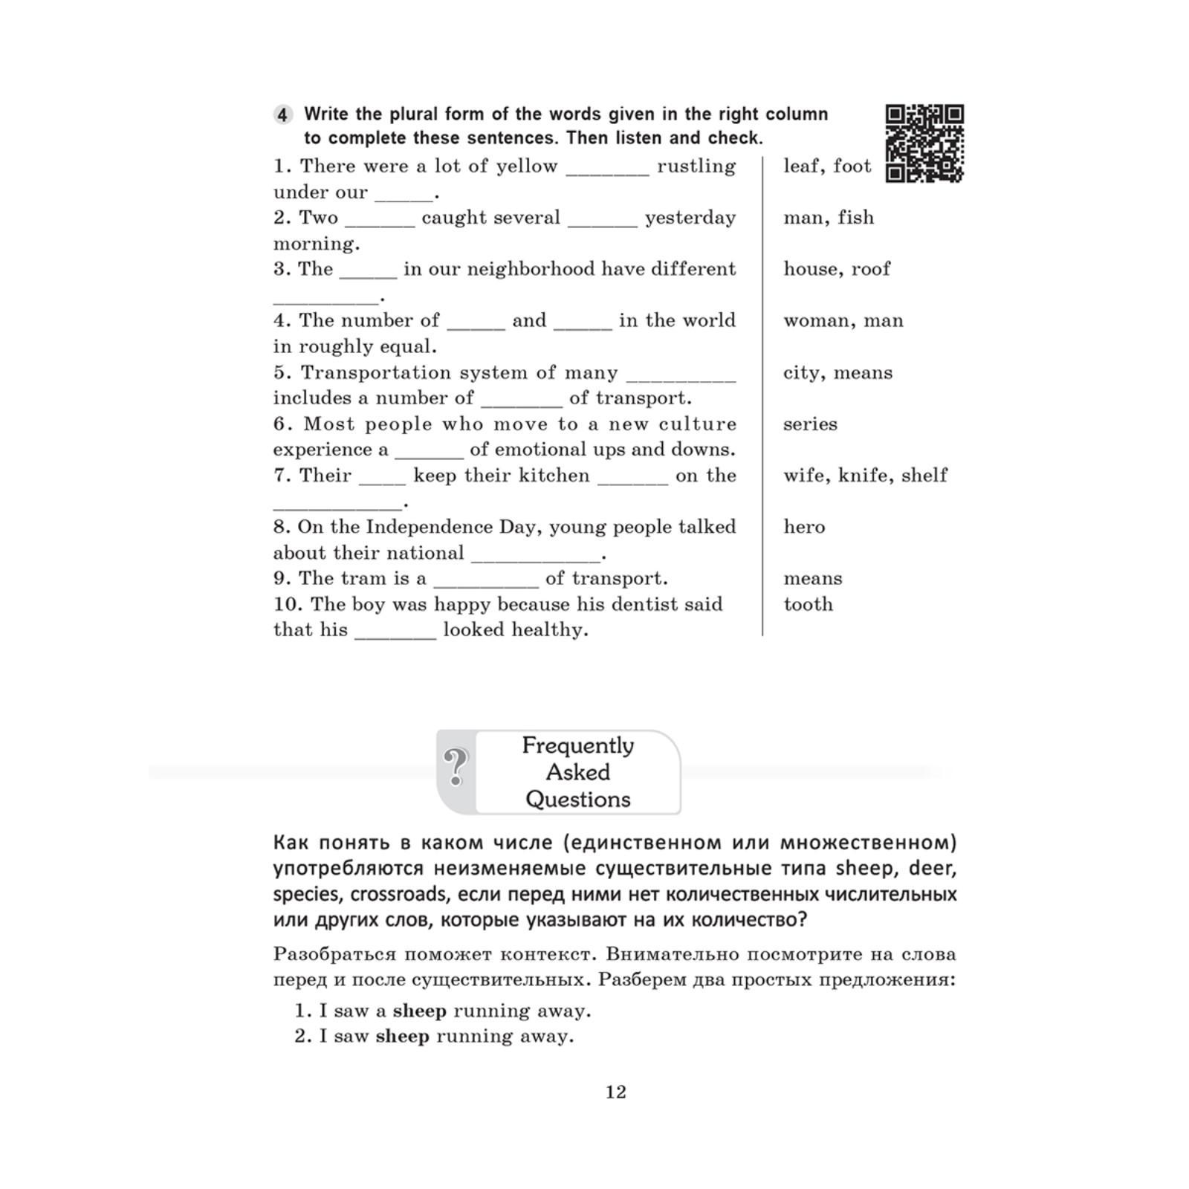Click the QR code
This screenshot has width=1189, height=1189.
(x=924, y=143)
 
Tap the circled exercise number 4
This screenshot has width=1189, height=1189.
(x=282, y=115)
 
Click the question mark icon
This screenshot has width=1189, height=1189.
(x=456, y=767)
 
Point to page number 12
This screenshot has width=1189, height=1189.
(x=616, y=1092)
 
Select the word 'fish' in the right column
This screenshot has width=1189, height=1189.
(x=856, y=218)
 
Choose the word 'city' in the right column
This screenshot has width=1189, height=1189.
(x=802, y=372)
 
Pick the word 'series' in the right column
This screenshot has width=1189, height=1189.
(x=810, y=424)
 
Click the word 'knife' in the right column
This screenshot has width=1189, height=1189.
(x=863, y=476)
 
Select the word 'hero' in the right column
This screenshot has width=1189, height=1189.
(x=804, y=527)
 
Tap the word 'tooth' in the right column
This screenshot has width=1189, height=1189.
(x=808, y=604)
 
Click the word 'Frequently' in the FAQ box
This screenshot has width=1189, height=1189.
(x=578, y=745)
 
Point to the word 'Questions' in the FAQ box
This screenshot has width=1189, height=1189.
(x=578, y=800)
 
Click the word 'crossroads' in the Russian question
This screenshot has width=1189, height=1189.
(x=398, y=894)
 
